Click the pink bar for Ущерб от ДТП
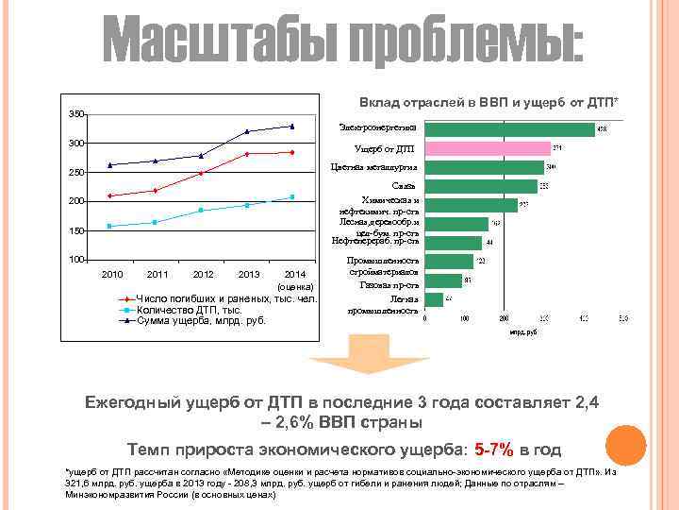[x=487, y=148]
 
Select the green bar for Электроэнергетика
[x=509, y=128]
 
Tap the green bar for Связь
[x=481, y=186]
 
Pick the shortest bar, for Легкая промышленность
[x=434, y=299]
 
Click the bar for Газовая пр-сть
[x=443, y=280]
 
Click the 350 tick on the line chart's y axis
[x=76, y=114]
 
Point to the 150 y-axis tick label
[x=76, y=230]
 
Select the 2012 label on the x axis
[x=203, y=275]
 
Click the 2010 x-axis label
[x=112, y=275]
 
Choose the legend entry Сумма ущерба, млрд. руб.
[x=201, y=320]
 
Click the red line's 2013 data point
[x=247, y=154]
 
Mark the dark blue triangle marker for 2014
[x=292, y=126]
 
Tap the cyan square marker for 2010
[x=110, y=226]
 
